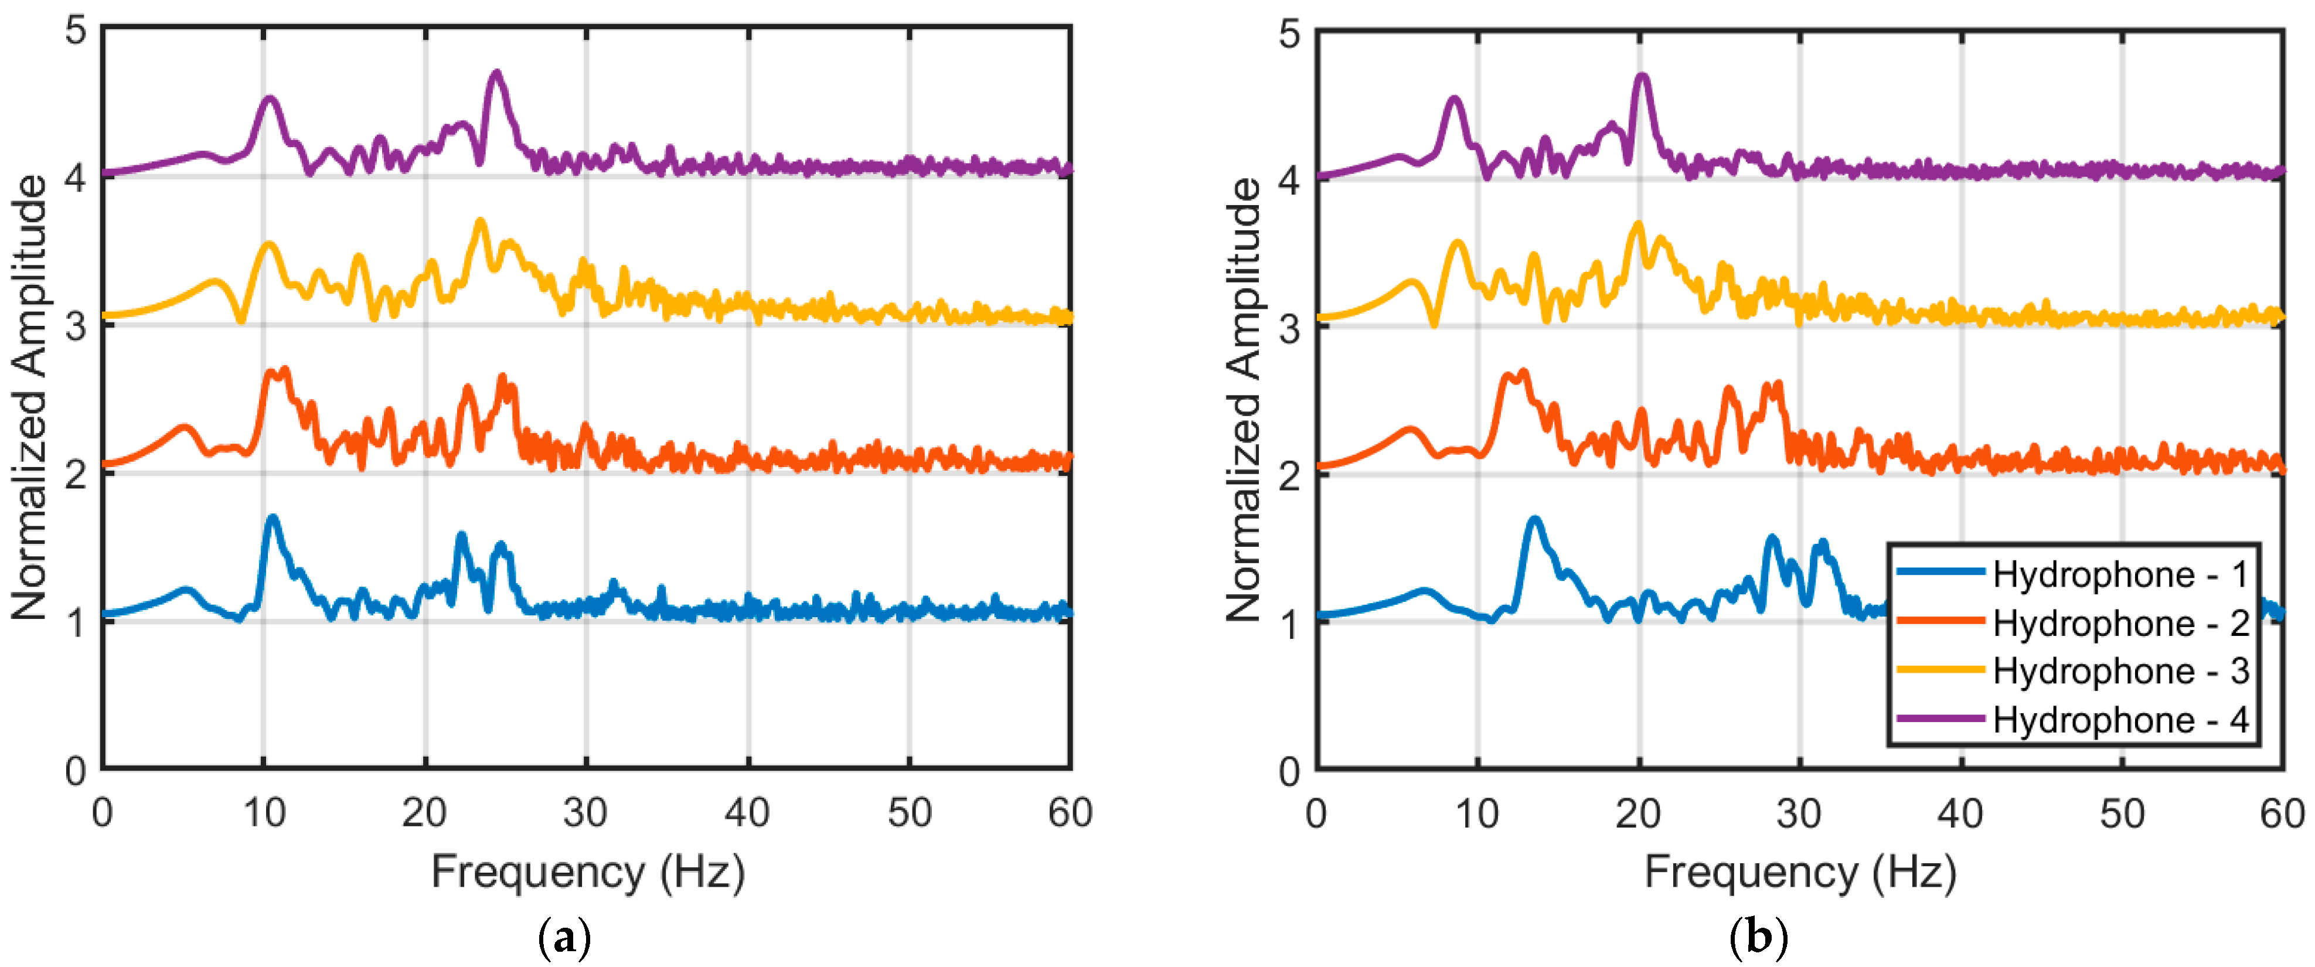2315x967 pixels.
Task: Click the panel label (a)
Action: click(564, 939)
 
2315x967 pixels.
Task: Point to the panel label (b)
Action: click(1758, 939)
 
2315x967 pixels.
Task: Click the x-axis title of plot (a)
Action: click(588, 871)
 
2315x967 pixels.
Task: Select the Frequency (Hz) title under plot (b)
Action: click(1800, 871)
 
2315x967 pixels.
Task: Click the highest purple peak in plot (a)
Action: click(496, 74)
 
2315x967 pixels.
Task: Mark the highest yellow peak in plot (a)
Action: click(480, 221)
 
